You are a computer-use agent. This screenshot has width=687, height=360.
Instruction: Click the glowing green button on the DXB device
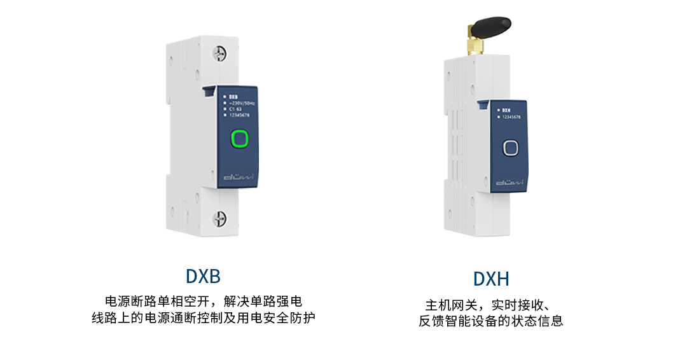pos(239,138)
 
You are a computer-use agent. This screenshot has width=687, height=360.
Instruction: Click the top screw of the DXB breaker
pos(221,53)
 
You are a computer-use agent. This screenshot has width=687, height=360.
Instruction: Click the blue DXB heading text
pos(203,276)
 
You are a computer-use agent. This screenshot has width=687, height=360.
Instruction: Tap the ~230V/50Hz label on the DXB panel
pos(242,103)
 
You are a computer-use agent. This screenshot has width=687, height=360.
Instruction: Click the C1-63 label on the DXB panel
pos(235,109)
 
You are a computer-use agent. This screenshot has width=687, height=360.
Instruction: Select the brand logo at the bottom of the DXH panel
pos(510,183)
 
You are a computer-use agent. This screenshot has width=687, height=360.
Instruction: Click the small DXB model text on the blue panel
pos(233,97)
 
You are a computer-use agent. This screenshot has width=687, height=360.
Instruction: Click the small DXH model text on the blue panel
pos(506,111)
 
